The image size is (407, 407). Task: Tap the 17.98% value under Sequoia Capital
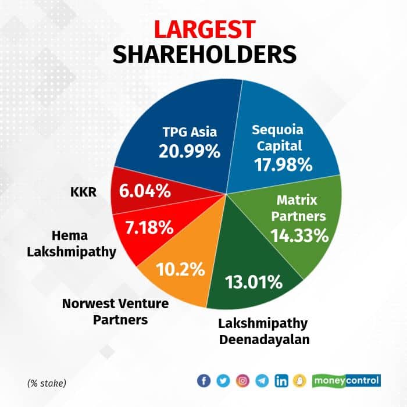point(283,163)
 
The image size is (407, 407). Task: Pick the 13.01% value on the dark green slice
point(254,283)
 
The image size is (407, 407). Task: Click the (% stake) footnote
point(47,383)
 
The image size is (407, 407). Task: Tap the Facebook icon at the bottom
point(204,381)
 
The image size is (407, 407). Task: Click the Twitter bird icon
point(223,381)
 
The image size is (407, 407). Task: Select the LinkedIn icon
point(282,381)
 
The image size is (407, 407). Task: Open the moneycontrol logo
point(347,381)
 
